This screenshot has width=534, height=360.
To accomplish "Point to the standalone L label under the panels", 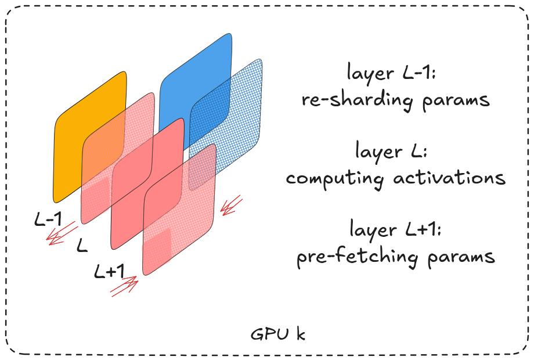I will tap(82, 247).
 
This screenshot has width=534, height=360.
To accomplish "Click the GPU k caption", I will tap(278, 334).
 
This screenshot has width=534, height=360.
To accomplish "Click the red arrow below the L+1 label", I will tap(124, 286).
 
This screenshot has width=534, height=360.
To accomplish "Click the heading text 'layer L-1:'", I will tap(394, 74).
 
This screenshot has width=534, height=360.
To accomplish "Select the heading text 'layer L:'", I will tap(394, 152).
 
